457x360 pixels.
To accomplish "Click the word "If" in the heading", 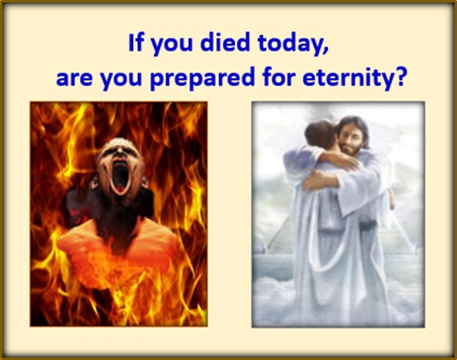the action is pos(135,42).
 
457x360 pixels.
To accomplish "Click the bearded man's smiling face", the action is pos(348,136).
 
